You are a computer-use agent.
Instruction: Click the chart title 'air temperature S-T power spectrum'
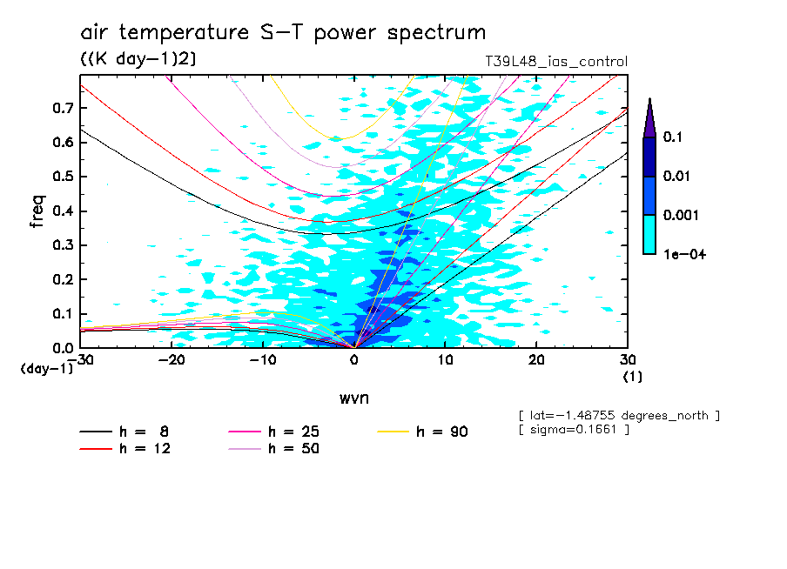click(x=283, y=33)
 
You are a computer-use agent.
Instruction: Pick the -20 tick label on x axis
click(x=171, y=360)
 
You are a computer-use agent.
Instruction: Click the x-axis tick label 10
click(x=445, y=360)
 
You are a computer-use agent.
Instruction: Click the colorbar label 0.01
click(x=677, y=177)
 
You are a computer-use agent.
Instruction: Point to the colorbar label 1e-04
click(x=683, y=254)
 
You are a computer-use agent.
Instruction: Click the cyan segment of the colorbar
click(x=649, y=234)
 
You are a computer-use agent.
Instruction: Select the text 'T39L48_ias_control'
click(x=555, y=62)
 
